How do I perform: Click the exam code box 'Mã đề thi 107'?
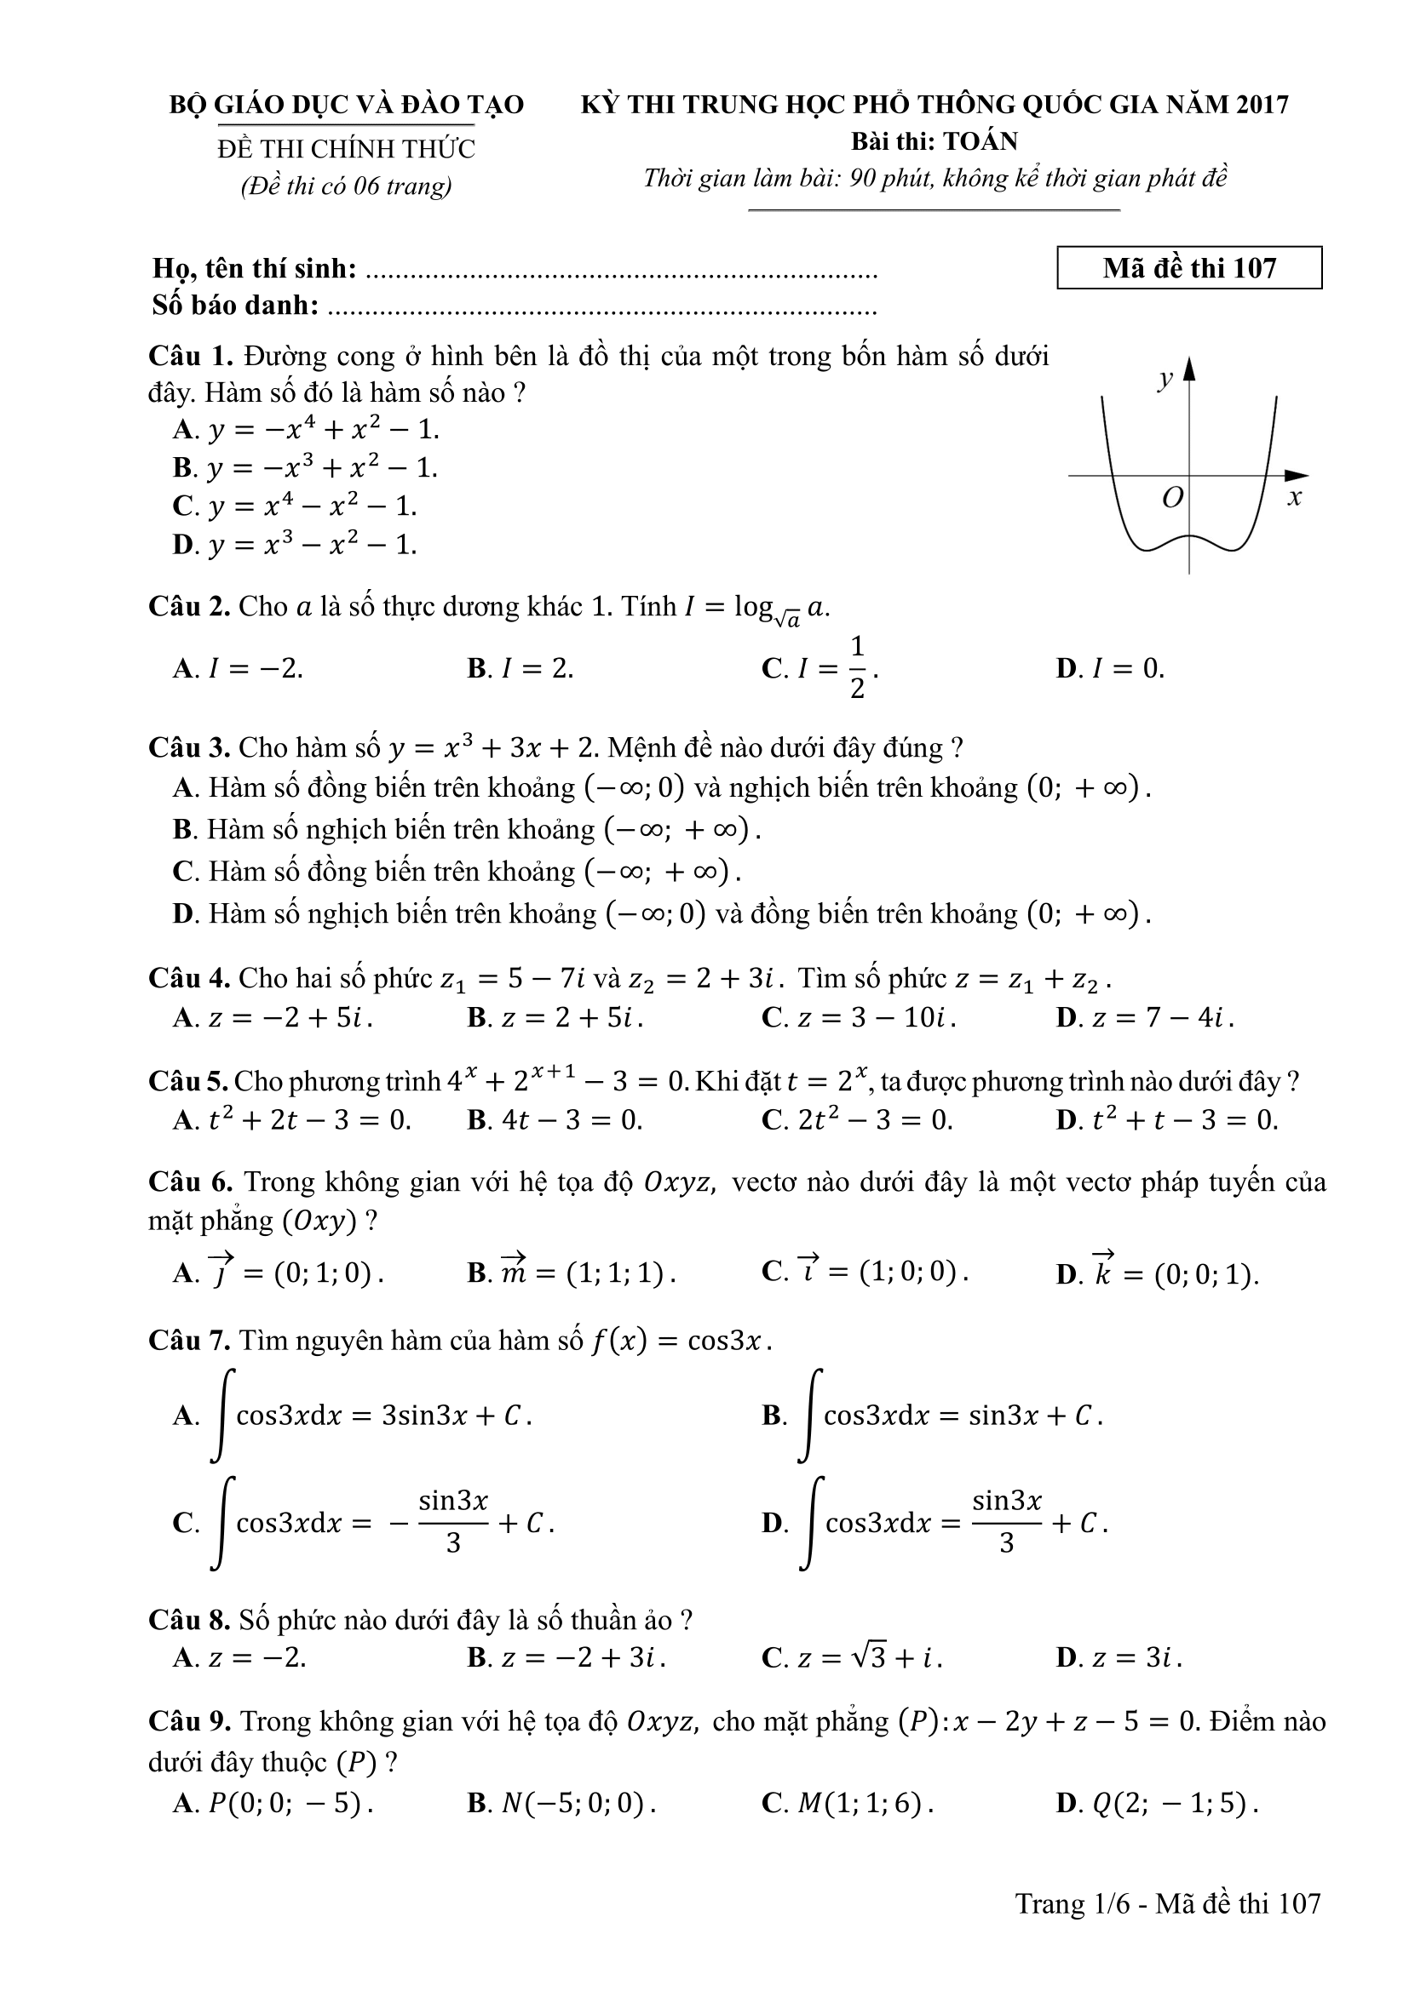(x=1188, y=268)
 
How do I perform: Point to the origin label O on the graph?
(x=1172, y=498)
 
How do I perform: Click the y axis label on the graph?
(x=1165, y=378)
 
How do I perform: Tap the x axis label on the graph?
(x=1295, y=498)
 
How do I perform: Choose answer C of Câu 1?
(x=295, y=506)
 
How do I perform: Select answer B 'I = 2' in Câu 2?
(x=520, y=668)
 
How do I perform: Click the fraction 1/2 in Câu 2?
(x=857, y=667)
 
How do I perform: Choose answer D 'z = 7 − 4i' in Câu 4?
(x=1145, y=1017)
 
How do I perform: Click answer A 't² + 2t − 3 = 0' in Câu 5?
(x=292, y=1119)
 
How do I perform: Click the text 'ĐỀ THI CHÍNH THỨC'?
(x=346, y=149)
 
